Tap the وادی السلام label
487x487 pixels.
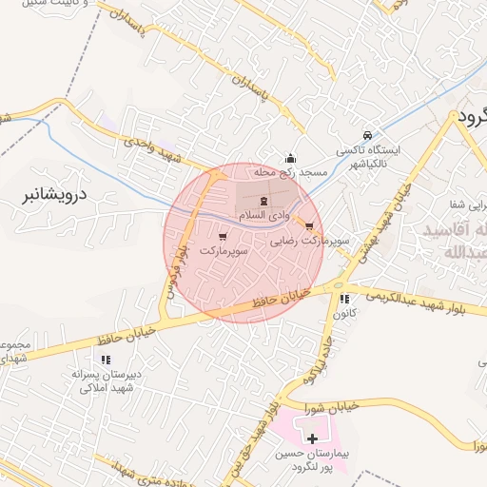pos(264,218)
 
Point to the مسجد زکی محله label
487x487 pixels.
pos(290,173)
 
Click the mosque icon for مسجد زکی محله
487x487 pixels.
pos(290,158)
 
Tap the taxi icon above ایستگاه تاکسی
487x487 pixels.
pos(368,134)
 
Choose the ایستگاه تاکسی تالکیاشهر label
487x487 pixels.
pos(369,156)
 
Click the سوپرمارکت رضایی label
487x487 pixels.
pos(310,242)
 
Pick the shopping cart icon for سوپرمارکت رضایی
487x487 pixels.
pos(310,225)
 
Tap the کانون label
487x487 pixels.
pos(345,312)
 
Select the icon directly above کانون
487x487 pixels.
pos(344,299)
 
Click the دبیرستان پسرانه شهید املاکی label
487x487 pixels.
pos(107,380)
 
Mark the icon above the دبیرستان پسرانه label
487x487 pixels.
pos(106,360)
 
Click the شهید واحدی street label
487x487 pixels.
pos(151,148)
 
